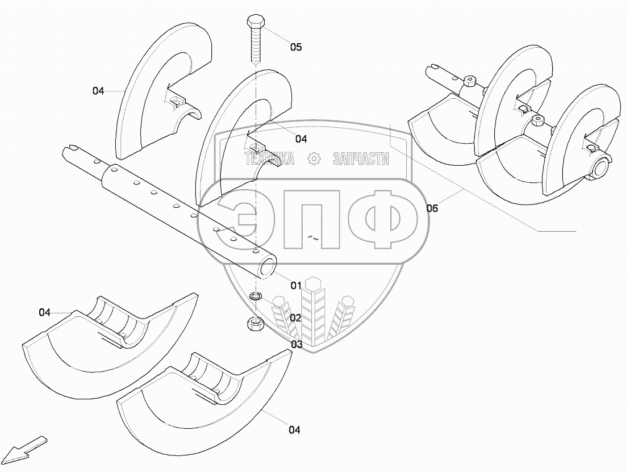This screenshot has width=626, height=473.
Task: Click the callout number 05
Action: (x=296, y=47)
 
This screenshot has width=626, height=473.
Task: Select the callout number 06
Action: (x=432, y=208)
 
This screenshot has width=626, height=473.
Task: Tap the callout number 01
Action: (x=296, y=286)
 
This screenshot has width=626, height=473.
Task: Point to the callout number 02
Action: (x=295, y=318)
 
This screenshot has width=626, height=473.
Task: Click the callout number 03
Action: (x=297, y=344)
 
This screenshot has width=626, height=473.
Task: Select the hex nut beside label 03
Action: (x=255, y=324)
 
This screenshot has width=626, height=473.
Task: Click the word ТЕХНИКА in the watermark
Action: (x=269, y=160)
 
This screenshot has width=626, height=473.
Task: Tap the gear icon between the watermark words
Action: (x=314, y=160)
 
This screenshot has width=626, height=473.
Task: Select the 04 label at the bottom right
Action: (x=294, y=430)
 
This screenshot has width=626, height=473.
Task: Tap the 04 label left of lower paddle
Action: (x=45, y=312)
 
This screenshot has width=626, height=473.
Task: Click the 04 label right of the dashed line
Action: (x=301, y=139)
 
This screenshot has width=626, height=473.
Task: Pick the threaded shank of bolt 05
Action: (x=255, y=48)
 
